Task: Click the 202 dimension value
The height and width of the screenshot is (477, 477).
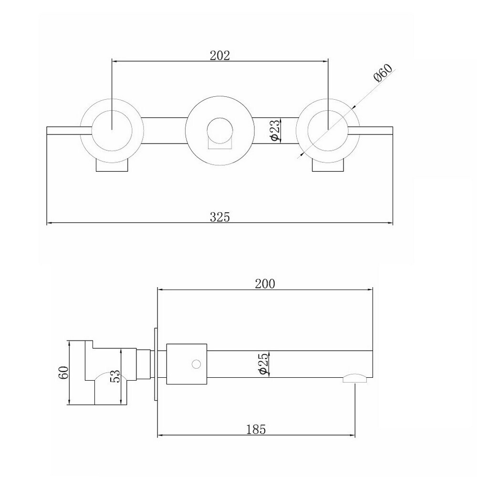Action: [x=219, y=55]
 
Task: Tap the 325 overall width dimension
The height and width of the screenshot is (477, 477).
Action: [x=219, y=217]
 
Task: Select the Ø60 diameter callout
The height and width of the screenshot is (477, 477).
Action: [x=384, y=73]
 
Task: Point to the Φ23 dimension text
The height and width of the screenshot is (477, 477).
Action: [x=274, y=130]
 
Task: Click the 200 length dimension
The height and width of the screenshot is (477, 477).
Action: [x=265, y=284]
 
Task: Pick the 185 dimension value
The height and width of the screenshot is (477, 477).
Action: [x=256, y=429]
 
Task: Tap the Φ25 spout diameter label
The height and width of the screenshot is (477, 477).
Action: [x=263, y=363]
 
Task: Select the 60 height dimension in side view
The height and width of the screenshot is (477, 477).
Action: [x=63, y=373]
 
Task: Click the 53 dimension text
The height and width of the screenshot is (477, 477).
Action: [x=114, y=376]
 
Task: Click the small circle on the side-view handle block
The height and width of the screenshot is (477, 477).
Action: [x=197, y=364]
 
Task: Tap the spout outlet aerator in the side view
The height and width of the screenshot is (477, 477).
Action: [x=355, y=378]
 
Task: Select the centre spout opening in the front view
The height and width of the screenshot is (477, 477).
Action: [x=219, y=131]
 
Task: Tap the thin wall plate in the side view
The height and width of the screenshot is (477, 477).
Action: [x=156, y=364]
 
